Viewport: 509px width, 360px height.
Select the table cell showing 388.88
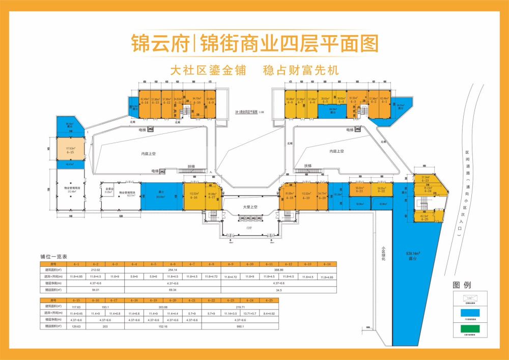278,270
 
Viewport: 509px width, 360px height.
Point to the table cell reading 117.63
77,307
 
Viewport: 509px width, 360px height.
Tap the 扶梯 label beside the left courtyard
190,166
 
